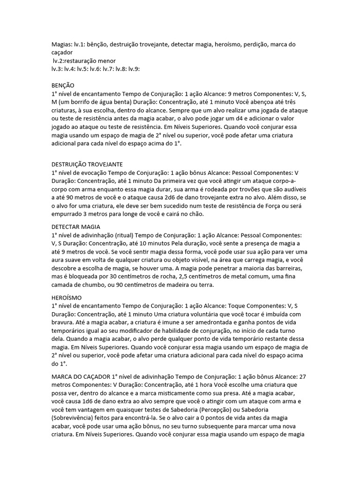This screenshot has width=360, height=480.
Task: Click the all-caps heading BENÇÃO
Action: click(x=62, y=85)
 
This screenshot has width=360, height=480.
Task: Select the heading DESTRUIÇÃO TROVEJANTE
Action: click(x=87, y=164)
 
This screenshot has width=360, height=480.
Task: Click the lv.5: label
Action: click(x=83, y=68)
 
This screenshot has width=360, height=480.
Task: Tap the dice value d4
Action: click(x=264, y=119)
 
